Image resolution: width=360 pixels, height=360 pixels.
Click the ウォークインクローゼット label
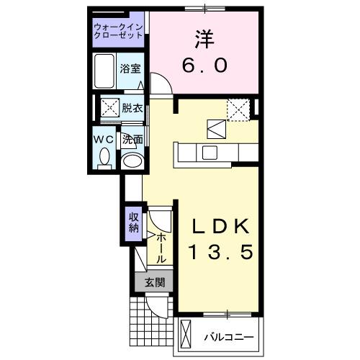[119, 30]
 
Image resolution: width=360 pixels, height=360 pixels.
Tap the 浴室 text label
[131, 70]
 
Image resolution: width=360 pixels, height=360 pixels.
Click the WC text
[103, 139]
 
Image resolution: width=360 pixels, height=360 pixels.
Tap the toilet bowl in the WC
[104, 156]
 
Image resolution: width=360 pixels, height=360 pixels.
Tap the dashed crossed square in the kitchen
[238, 109]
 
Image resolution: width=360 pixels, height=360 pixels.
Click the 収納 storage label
[134, 222]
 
